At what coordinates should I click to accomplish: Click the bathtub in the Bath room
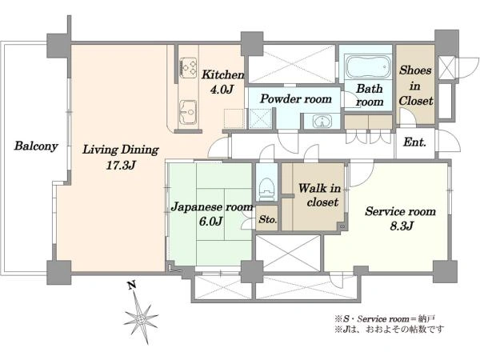(x=368, y=66)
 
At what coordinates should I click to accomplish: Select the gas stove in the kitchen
(x=188, y=66)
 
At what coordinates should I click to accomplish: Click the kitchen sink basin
(x=188, y=111)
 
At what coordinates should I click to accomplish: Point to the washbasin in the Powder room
(x=322, y=122)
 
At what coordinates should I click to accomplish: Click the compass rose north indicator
(x=141, y=318)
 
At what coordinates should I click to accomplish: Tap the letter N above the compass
(x=132, y=286)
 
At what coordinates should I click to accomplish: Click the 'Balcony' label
(x=36, y=146)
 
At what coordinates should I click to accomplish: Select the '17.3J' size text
(x=121, y=166)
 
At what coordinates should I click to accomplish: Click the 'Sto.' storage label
(x=268, y=219)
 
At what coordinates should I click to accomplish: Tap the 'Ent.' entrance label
(x=414, y=142)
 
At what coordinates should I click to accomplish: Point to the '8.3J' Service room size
(x=402, y=226)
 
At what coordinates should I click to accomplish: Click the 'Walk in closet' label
(x=320, y=195)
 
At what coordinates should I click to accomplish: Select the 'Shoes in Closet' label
(x=416, y=86)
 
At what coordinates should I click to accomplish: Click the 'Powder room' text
(x=296, y=99)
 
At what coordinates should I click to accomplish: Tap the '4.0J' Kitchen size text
(x=222, y=89)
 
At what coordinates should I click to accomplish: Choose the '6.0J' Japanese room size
(x=210, y=221)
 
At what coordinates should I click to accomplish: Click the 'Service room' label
(x=401, y=211)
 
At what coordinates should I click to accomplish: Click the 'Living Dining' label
(x=121, y=150)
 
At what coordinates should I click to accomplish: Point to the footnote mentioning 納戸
(x=385, y=319)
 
